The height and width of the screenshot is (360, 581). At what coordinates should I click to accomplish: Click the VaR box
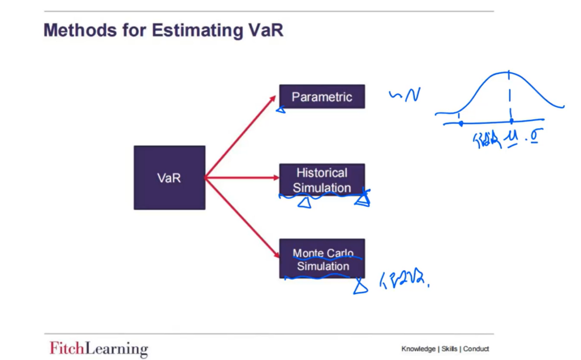[x=169, y=178]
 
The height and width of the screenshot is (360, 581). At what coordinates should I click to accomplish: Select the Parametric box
[x=322, y=97]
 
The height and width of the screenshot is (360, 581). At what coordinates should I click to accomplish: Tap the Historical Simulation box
[x=322, y=180]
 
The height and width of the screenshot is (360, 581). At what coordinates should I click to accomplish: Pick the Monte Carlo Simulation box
[x=322, y=259]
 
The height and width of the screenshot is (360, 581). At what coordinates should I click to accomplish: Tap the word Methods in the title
[x=78, y=31]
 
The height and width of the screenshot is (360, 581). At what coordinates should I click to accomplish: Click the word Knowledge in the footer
[x=418, y=349]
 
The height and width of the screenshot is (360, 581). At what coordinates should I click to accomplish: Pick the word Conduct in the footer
[x=476, y=349]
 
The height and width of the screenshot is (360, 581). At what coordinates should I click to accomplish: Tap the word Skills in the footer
[x=449, y=349]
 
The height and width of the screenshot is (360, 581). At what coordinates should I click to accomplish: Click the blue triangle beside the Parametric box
[x=280, y=110]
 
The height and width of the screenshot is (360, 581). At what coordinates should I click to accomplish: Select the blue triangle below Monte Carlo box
[x=360, y=287]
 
